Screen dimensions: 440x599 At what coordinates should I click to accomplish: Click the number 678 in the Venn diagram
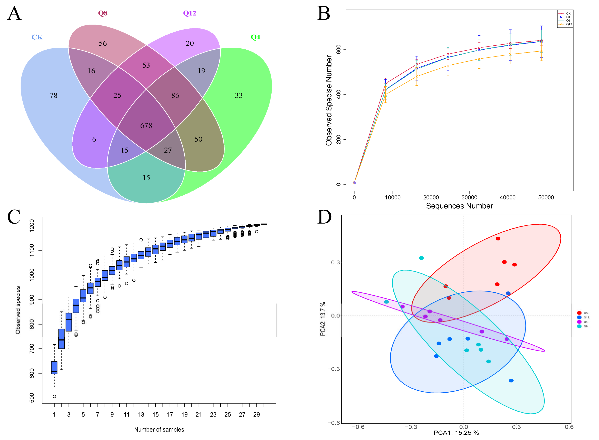pyautogui.click(x=146, y=125)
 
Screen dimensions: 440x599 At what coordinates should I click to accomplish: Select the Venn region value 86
pyautogui.click(x=175, y=95)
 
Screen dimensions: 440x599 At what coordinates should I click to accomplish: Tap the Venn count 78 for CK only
pyautogui.click(x=54, y=95)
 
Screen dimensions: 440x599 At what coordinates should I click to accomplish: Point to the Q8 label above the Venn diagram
pyautogui.click(x=103, y=13)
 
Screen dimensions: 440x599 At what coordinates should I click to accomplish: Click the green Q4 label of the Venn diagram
pyautogui.click(x=255, y=37)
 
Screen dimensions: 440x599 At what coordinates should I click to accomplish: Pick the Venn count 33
pyautogui.click(x=238, y=95)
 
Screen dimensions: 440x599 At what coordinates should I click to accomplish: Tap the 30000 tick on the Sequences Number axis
pyautogui.click(x=469, y=197)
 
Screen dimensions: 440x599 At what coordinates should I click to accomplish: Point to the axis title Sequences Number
pyautogui.click(x=459, y=206)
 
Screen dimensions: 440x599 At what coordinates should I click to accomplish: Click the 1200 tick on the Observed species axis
pyautogui.click(x=32, y=226)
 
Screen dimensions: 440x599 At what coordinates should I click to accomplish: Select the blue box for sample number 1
pyautogui.click(x=54, y=368)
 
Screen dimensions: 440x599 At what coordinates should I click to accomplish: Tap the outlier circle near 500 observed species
pyautogui.click(x=54, y=396)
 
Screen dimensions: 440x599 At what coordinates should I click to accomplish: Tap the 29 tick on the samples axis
pyautogui.click(x=256, y=414)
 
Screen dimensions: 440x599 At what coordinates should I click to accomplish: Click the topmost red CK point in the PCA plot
pyautogui.click(x=498, y=239)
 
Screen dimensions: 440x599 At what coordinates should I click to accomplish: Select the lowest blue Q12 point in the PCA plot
pyautogui.click(x=511, y=381)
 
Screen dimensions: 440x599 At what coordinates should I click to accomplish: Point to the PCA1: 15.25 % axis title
pyautogui.click(x=456, y=433)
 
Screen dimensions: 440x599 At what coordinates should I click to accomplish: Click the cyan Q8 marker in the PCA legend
pyautogui.click(x=579, y=326)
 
